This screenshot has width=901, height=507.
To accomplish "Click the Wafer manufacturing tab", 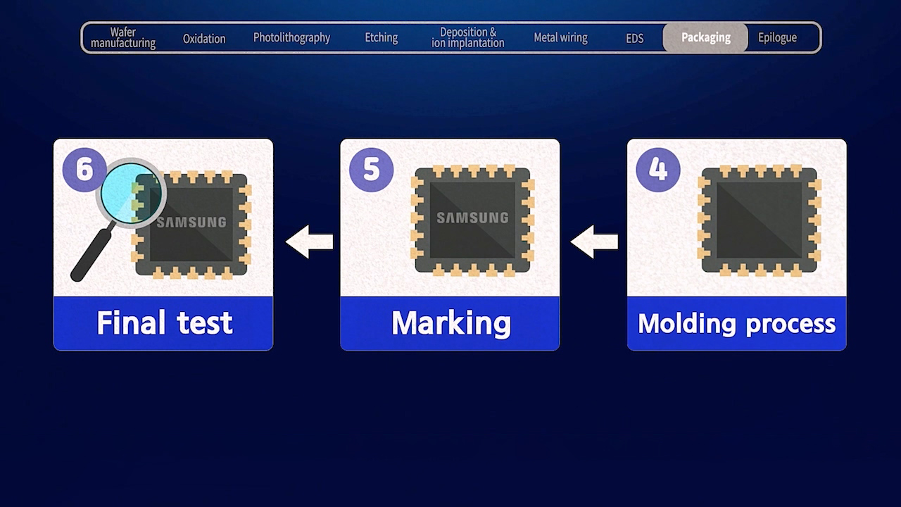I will [123, 37].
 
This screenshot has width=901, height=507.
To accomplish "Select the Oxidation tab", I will [204, 38].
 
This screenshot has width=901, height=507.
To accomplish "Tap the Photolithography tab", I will [291, 37].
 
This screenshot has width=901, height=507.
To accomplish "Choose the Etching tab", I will [382, 37].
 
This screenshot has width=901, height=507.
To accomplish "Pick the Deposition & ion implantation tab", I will [468, 37].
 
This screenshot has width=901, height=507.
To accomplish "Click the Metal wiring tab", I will [560, 37].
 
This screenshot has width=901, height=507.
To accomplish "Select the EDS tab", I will [635, 38].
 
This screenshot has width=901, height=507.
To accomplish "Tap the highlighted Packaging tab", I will [705, 37].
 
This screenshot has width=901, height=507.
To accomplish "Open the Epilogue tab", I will [777, 37].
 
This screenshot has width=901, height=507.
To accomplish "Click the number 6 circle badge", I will [84, 169].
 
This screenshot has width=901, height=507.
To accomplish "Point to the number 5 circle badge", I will [371, 169].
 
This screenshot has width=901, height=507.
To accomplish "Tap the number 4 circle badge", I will [658, 169].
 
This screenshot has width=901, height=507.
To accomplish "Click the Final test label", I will [164, 323].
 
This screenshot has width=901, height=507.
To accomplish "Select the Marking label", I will [450, 323].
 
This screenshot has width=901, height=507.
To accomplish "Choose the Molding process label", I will [736, 323].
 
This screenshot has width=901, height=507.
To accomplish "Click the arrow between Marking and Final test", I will [310, 242].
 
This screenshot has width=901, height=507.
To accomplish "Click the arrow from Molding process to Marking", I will [595, 242].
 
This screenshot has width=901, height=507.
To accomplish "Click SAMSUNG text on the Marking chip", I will [472, 218].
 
